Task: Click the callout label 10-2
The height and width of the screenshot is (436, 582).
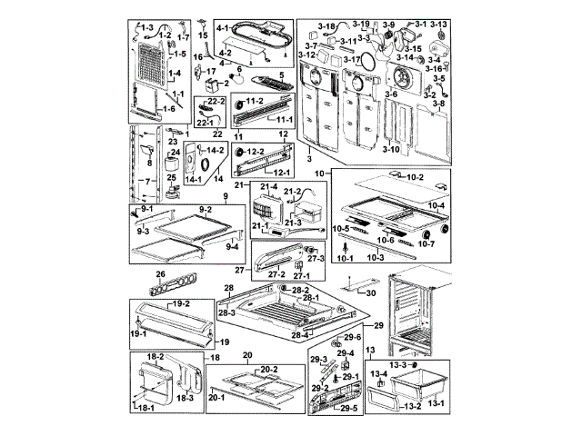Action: tap(414, 175)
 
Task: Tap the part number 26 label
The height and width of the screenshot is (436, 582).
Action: tap(160, 272)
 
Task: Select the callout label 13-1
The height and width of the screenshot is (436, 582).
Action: tap(436, 401)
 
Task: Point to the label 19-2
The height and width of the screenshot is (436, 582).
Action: tap(180, 302)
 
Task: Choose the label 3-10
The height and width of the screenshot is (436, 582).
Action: tap(391, 148)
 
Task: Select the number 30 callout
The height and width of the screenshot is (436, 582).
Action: tap(370, 292)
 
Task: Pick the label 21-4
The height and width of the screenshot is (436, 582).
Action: tap(267, 186)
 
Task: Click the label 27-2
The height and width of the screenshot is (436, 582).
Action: tap(275, 273)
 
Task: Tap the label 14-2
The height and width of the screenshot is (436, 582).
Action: tap(215, 149)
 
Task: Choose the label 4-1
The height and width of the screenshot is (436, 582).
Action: tap(221, 28)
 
